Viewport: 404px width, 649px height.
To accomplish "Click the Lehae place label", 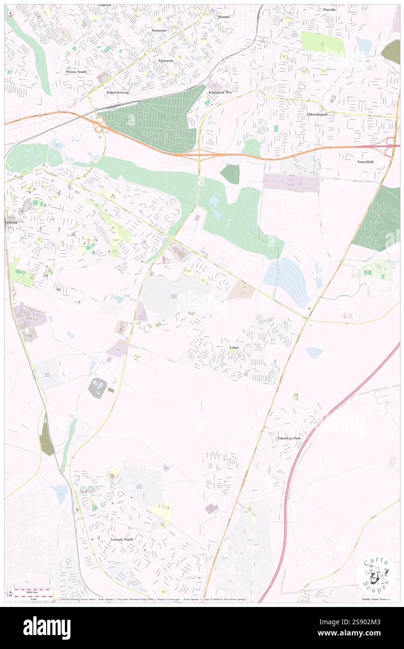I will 235,348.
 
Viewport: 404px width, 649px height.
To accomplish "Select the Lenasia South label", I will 122,539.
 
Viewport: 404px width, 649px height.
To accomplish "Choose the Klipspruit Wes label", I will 220,92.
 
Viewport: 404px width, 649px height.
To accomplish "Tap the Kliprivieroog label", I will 117,92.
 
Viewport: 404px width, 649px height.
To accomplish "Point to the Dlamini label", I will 224,17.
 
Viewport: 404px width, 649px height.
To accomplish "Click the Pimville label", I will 329,9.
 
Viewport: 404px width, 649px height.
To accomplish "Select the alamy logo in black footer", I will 47,628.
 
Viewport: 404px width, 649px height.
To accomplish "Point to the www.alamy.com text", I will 366,634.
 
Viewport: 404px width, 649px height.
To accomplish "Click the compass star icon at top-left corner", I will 10,14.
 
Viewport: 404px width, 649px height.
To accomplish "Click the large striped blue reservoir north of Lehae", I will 286,278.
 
